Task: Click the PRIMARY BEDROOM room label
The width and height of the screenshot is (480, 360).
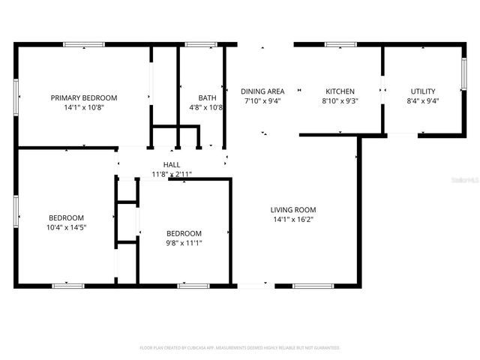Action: [x=84, y=97]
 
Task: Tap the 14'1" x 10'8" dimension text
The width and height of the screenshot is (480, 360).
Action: [x=84, y=108]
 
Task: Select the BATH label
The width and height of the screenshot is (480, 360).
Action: [x=207, y=97]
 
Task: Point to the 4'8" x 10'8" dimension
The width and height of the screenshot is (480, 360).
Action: [x=207, y=108]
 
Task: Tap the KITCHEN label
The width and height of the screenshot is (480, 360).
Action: [x=340, y=91]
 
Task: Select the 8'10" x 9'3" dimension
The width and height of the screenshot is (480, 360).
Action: [x=340, y=100]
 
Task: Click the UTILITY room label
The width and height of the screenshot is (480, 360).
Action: [x=422, y=91]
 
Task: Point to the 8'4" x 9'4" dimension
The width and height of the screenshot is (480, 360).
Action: [x=422, y=100]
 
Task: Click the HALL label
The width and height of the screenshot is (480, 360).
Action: [x=172, y=164]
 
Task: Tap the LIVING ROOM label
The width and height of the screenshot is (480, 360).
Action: [x=293, y=210]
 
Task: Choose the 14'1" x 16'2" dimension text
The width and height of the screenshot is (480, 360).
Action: [x=293, y=220]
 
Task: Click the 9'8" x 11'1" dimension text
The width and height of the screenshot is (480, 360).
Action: [x=184, y=242]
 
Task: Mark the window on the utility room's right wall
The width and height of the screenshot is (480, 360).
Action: [x=463, y=74]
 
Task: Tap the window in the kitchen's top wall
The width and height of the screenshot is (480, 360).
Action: [x=340, y=45]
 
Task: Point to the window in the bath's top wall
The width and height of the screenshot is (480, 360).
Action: [x=201, y=45]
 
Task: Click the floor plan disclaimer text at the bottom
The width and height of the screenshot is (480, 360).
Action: [x=240, y=348]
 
